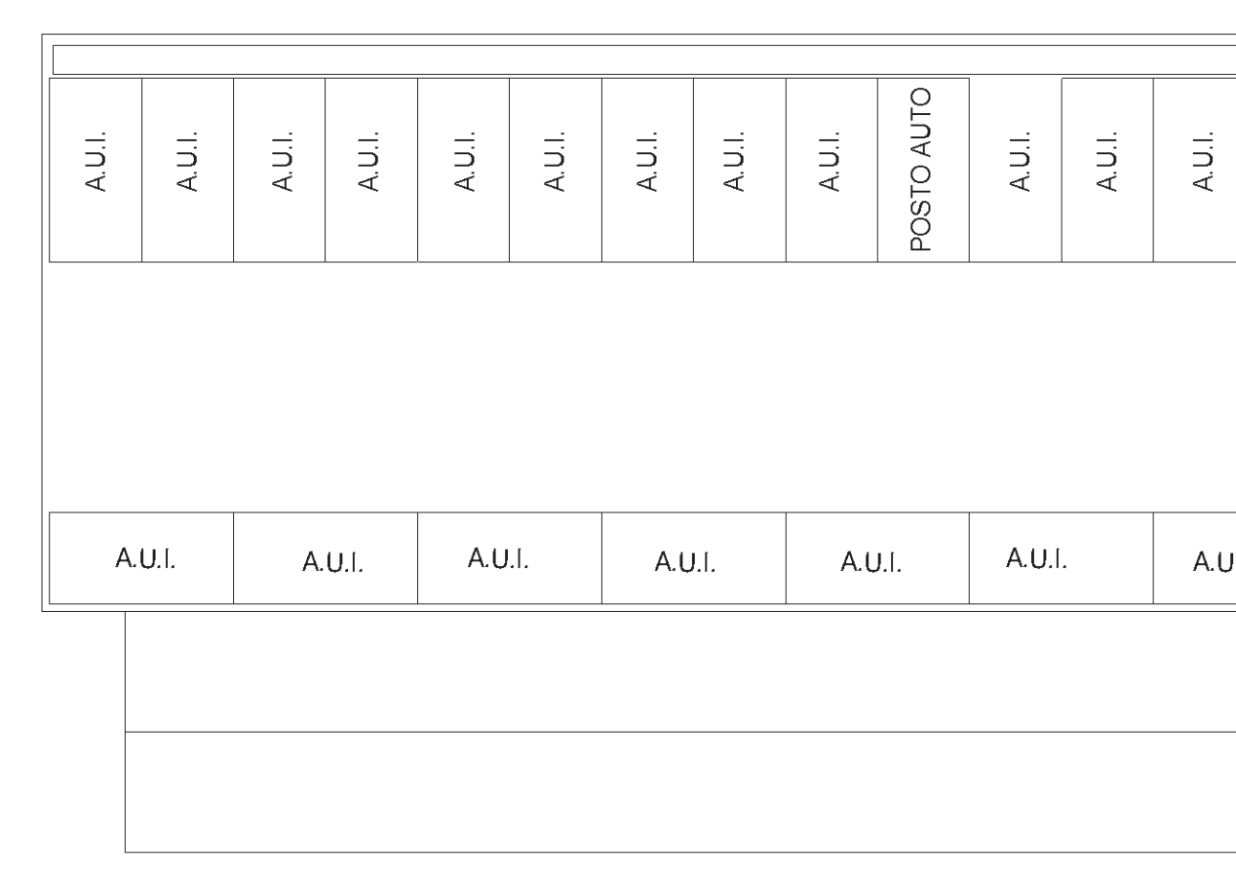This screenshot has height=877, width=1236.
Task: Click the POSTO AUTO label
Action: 920,170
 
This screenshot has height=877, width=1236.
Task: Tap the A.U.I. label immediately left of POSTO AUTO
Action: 829,161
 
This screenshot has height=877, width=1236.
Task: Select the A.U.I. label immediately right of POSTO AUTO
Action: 1020,161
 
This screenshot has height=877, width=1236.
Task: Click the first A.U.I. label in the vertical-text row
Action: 95,161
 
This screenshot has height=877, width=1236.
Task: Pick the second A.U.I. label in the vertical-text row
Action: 186,161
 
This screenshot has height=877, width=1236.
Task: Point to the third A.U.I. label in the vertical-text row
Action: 282,161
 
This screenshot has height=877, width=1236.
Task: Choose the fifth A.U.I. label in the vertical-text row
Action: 464,161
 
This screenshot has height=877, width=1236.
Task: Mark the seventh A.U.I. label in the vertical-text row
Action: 646,161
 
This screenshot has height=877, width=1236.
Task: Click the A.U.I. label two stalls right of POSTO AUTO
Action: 1106,161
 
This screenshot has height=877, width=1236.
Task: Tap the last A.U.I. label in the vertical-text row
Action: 1203,161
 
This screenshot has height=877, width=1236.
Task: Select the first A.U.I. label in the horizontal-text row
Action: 145,558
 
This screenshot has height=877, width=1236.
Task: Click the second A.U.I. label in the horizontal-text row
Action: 332,562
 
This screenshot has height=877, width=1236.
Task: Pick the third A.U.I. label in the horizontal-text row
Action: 498,558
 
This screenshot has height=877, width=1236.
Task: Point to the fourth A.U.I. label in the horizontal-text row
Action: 684,562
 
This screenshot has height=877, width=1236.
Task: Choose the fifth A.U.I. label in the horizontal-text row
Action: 870,562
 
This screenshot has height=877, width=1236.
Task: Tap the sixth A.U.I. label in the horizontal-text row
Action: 1036,558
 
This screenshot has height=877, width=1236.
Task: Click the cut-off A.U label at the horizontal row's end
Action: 1214,562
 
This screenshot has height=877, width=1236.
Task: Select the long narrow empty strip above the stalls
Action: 644,59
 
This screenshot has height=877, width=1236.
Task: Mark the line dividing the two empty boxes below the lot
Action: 680,732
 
